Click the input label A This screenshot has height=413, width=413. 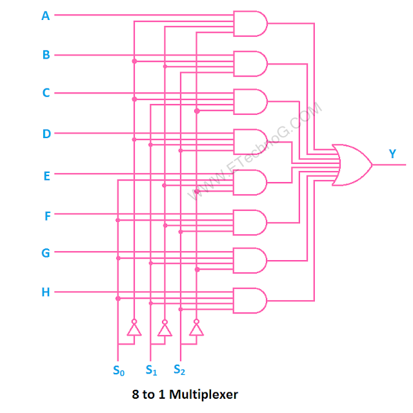coord(46,16)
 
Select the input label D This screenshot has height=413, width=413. coord(46,134)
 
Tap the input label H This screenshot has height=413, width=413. coord(46,292)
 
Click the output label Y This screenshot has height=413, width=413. coord(392,154)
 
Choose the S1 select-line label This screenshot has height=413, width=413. coord(151,370)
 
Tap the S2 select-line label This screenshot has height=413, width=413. coord(180,370)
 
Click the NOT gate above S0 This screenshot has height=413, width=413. coord(134,329)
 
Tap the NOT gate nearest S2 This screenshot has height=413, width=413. coord(196,329)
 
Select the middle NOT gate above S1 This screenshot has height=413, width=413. coord(165,329)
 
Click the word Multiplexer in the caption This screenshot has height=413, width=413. coord(205,394)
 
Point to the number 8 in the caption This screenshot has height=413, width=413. coord(134,394)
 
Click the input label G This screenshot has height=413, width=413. coord(46,253)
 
